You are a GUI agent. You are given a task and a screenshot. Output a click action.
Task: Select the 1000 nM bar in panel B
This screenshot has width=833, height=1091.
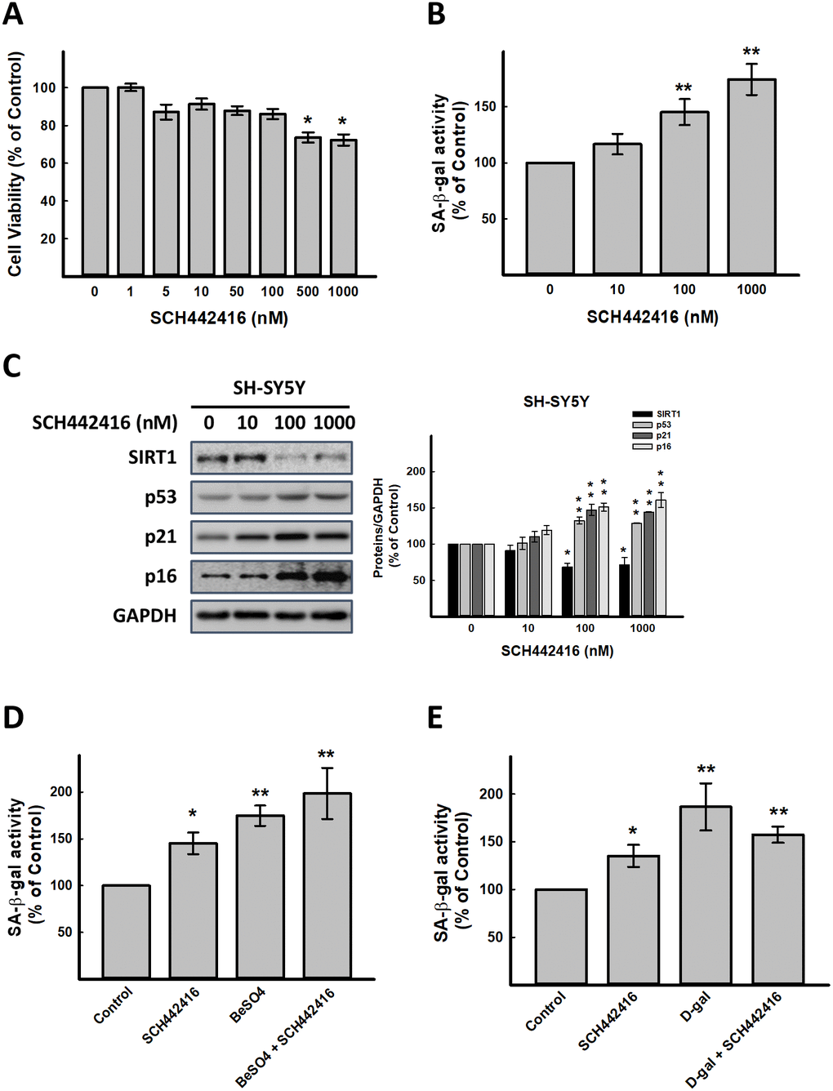751,176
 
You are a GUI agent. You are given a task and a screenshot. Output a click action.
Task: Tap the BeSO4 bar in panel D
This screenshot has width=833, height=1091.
261,896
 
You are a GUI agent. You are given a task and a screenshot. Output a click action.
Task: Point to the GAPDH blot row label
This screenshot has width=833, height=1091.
145,616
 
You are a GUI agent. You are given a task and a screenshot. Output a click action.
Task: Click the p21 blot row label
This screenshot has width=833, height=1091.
160,537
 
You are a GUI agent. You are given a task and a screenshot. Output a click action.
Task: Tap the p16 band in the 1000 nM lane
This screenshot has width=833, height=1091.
330,577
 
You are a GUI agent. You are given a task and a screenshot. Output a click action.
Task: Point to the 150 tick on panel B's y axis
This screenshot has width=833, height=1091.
488,107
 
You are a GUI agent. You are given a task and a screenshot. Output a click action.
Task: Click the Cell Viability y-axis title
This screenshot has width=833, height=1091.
16,163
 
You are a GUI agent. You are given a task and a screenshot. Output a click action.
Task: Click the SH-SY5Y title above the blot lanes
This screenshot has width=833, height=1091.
269,388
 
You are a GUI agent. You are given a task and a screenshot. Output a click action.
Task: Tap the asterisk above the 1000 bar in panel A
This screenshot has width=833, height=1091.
342,122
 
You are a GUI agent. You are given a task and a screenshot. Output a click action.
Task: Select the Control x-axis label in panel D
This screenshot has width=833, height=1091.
114,1005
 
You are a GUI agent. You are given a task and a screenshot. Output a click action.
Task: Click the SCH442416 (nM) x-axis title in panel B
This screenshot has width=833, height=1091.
652,317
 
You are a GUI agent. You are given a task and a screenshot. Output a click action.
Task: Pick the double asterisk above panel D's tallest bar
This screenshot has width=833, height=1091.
326,755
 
